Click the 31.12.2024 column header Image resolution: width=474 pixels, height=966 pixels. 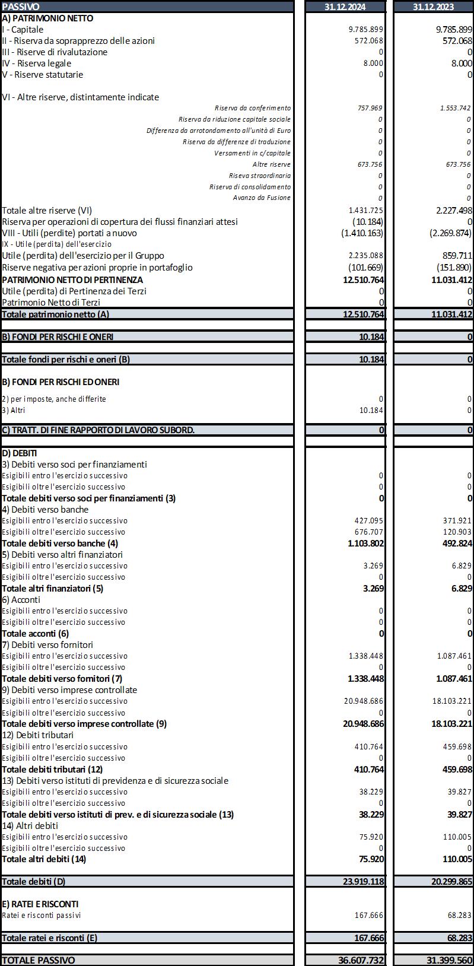(x=345, y=7)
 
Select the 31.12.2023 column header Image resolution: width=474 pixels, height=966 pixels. (x=433, y=7)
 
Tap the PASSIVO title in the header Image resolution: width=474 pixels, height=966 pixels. (x=21, y=7)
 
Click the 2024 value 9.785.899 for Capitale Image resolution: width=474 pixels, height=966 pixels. (x=366, y=29)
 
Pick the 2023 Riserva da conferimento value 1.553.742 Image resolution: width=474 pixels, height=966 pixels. (x=455, y=108)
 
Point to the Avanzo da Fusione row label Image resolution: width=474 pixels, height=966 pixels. (x=262, y=198)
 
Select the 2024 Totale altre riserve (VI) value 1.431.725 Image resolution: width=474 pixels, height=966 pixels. (x=366, y=210)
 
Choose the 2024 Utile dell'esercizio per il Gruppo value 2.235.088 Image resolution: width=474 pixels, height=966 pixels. (x=366, y=256)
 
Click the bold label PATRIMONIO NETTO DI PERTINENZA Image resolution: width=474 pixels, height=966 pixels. (x=72, y=279)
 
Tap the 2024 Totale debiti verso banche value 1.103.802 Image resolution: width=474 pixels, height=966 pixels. (x=365, y=543)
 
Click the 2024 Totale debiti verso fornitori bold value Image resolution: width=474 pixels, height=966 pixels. (x=365, y=678)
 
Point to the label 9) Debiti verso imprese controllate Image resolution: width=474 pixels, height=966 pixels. (x=69, y=690)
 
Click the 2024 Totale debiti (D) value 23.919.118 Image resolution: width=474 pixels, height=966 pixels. (x=363, y=882)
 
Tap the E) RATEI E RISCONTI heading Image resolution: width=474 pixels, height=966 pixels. (x=40, y=904)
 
